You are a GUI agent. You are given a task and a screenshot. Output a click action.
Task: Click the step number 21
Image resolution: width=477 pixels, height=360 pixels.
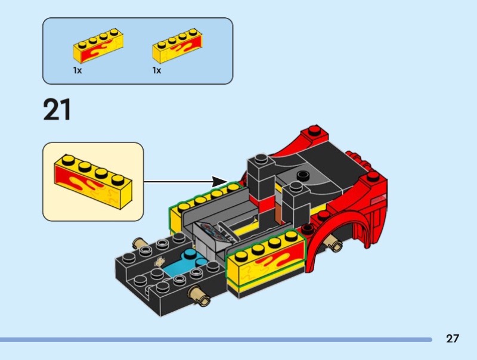pyautogui.click(x=57, y=110)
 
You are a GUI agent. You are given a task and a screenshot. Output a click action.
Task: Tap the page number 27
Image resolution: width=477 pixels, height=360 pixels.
pyautogui.click(x=453, y=339)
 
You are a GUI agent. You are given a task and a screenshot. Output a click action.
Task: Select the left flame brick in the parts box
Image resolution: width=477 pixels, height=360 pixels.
pyautogui.click(x=98, y=46)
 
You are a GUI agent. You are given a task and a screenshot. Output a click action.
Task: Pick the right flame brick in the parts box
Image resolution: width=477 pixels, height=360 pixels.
pyautogui.click(x=177, y=46)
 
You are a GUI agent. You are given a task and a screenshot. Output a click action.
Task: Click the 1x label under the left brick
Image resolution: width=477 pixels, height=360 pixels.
pyautogui.click(x=78, y=70)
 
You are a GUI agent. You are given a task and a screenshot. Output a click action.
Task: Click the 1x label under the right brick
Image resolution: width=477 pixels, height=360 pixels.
pyautogui.click(x=157, y=70)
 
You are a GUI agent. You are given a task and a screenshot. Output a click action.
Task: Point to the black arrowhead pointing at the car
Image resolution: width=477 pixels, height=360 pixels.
pyautogui.click(x=219, y=182)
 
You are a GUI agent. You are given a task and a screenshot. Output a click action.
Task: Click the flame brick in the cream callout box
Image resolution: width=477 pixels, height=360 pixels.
pyautogui.click(x=93, y=182)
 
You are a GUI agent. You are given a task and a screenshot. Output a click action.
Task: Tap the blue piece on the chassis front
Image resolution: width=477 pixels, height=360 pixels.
pyautogui.click(x=186, y=262)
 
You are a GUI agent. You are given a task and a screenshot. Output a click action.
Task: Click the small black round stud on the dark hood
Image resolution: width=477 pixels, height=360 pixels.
pyautogui.click(x=303, y=175)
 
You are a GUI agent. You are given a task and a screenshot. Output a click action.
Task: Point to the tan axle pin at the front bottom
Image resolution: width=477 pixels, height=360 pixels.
pyautogui.click(x=199, y=296)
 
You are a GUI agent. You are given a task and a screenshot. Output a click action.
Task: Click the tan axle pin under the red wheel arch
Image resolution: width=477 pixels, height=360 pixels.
pyautogui.click(x=334, y=244)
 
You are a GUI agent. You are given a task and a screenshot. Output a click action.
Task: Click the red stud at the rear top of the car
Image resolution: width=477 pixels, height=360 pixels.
pyautogui.click(x=315, y=131)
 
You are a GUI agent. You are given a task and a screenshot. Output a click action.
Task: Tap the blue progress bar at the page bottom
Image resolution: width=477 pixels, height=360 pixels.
pyautogui.click(x=216, y=340)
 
